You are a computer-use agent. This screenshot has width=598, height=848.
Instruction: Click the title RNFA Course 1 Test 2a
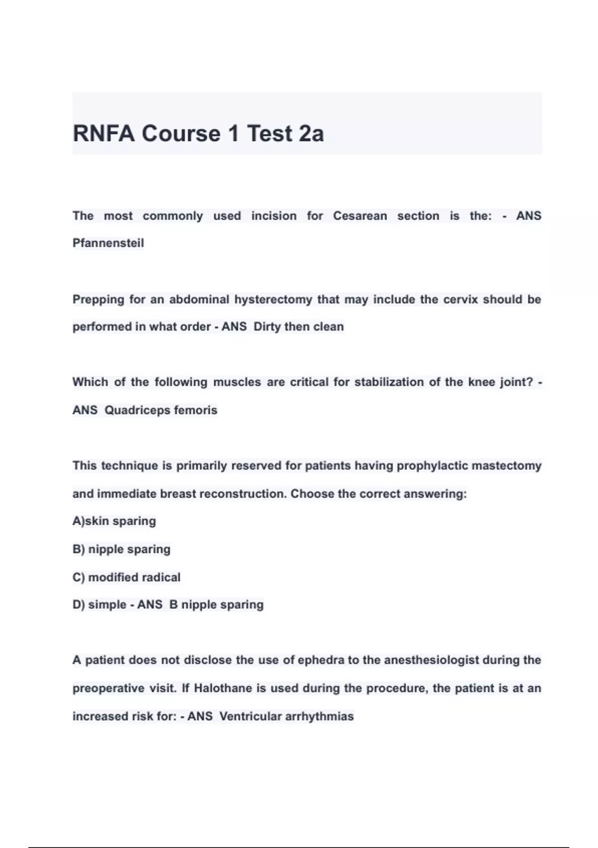click(198, 134)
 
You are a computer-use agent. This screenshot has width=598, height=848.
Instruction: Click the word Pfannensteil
click(108, 243)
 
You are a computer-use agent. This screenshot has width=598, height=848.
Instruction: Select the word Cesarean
click(360, 216)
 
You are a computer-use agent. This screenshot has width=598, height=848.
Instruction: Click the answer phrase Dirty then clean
click(299, 327)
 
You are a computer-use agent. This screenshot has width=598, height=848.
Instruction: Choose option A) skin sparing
click(114, 521)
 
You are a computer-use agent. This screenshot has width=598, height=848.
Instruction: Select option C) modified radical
click(127, 577)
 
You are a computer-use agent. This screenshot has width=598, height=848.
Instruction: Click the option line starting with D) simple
click(100, 605)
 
